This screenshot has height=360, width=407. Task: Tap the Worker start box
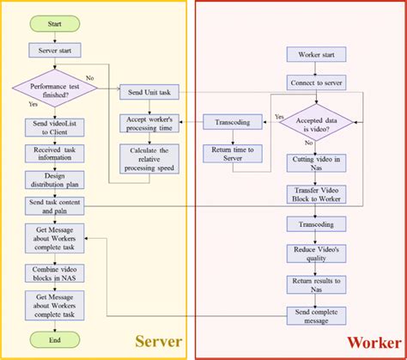click(321, 55)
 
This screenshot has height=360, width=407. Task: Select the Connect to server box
click(321, 83)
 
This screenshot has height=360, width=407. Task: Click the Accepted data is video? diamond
click(321, 123)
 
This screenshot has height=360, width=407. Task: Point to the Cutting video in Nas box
click(321, 162)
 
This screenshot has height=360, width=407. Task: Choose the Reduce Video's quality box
click(321, 253)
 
